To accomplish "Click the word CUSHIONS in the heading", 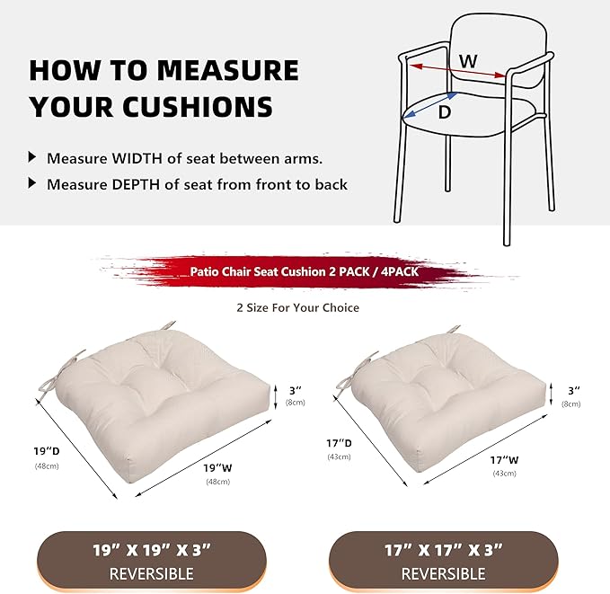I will [195, 107].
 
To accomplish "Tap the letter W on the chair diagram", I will [468, 61].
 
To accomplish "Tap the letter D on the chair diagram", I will [443, 113].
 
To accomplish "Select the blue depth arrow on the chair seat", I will [430, 105].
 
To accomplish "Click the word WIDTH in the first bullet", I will [137, 158].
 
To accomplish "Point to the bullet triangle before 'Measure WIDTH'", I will [33, 157].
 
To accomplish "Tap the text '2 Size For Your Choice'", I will [297, 307].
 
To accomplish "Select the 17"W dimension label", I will [503, 459].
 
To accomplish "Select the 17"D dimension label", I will [340, 443].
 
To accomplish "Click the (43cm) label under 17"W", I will [504, 474].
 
